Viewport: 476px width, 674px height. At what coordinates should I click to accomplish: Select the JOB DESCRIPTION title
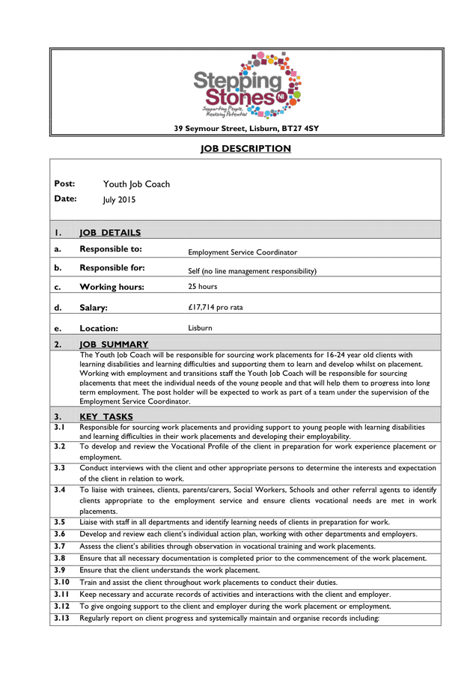click(245, 148)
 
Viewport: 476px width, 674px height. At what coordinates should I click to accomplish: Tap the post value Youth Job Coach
click(136, 184)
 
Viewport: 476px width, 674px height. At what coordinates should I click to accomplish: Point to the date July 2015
click(119, 200)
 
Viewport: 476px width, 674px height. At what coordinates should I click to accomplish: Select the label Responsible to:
click(111, 249)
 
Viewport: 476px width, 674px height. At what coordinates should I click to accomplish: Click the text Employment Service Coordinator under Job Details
click(242, 253)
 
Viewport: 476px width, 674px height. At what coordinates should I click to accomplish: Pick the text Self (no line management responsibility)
click(251, 271)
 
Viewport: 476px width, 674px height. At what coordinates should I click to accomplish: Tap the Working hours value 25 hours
click(202, 287)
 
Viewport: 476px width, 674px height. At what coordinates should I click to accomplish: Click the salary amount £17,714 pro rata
click(215, 307)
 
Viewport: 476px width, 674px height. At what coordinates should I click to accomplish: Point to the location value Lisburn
click(200, 328)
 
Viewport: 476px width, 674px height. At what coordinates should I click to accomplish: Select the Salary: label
click(94, 308)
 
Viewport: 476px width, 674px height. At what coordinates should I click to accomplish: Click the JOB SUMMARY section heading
click(114, 344)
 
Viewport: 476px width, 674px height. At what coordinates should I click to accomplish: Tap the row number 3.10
click(61, 582)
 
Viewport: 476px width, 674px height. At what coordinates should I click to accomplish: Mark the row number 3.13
click(61, 618)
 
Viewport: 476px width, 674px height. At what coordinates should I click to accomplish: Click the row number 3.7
click(60, 546)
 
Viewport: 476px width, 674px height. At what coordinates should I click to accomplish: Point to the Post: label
click(64, 183)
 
